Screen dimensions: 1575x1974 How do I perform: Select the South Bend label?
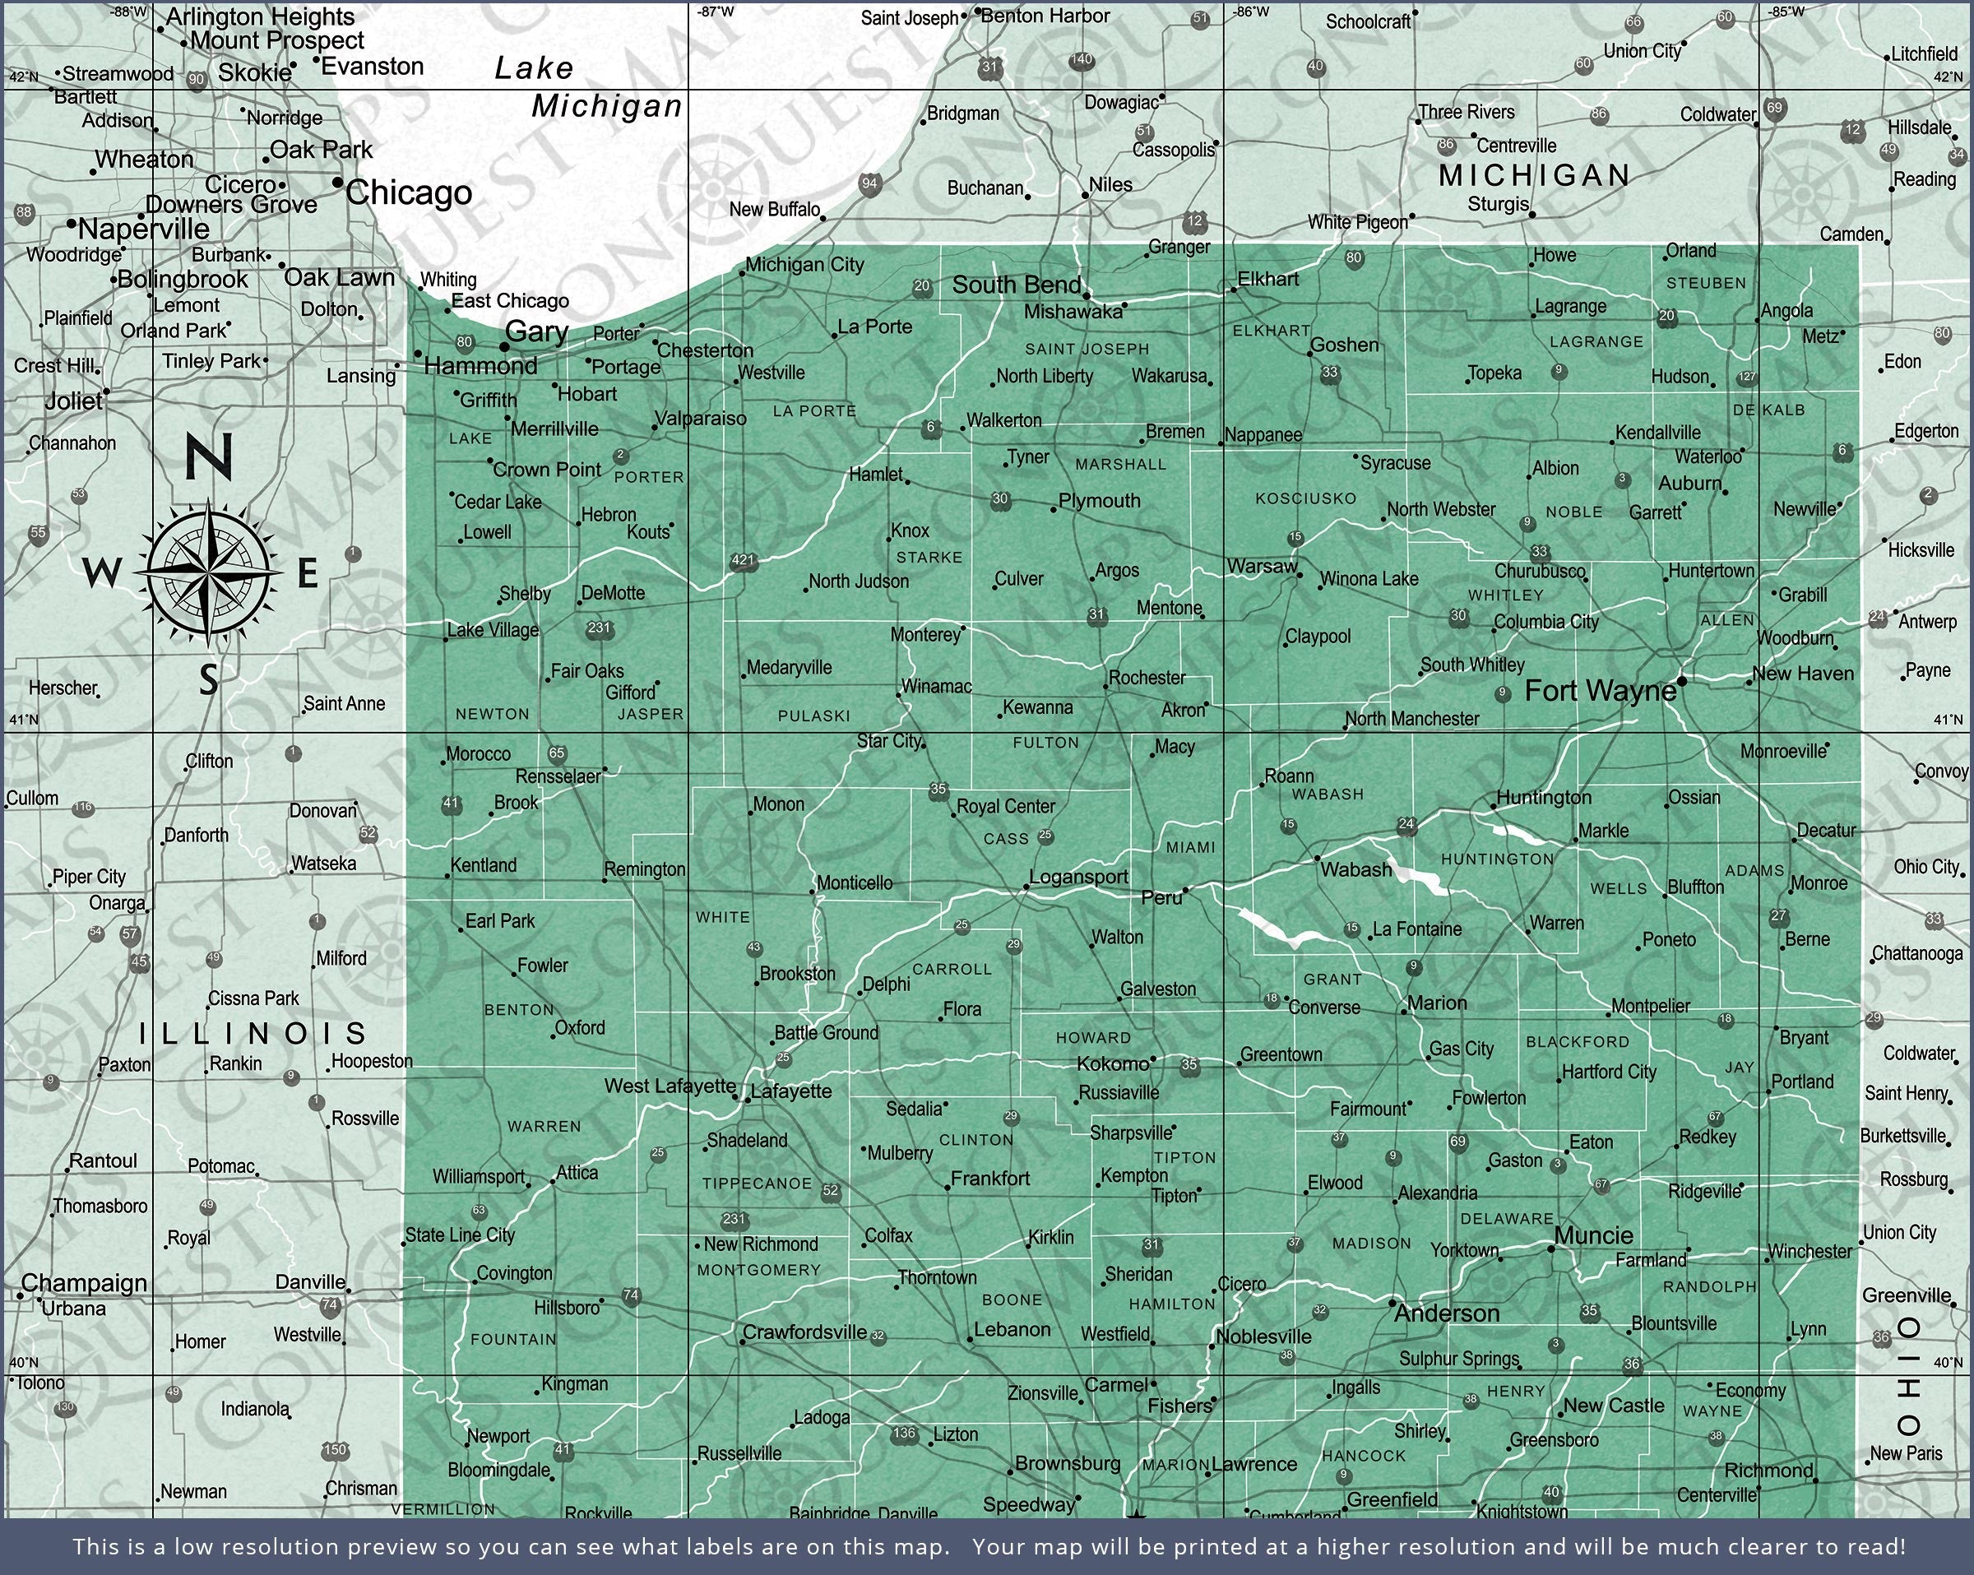tap(1017, 285)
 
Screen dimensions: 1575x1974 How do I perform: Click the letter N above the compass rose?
tap(209, 456)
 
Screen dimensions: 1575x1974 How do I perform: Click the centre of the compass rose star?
tap(210, 573)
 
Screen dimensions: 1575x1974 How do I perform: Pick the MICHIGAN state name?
tap(1534, 175)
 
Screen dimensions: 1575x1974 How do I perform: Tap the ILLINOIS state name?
tap(252, 1034)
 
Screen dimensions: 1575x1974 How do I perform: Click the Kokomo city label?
tap(1113, 1063)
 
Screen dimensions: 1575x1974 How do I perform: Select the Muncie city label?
tap(1593, 1235)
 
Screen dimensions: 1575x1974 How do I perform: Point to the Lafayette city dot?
tap(747, 1099)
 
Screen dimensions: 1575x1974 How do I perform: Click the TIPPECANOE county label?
tap(756, 1183)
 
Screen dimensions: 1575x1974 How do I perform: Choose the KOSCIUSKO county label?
tap(1305, 498)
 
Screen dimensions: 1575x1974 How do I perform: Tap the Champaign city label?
tap(83, 1282)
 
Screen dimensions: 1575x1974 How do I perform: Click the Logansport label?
tap(1078, 876)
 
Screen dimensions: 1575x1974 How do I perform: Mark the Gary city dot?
tap(503, 348)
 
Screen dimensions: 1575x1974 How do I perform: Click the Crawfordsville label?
tap(804, 1332)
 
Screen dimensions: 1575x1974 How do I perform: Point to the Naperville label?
tap(144, 228)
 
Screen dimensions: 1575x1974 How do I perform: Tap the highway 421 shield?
tap(744, 559)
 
